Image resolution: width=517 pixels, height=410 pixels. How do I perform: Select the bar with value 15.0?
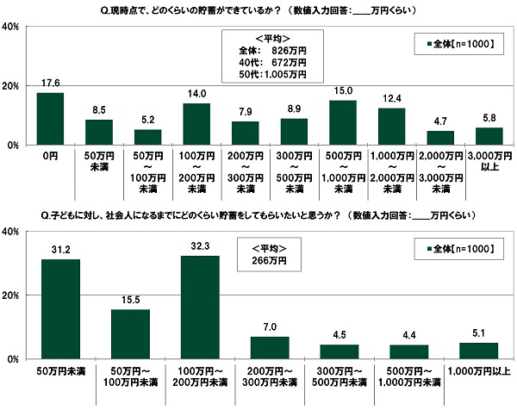point(343,123)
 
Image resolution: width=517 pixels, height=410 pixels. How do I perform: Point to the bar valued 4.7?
point(440,138)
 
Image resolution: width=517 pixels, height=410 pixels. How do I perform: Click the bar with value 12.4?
point(391,127)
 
